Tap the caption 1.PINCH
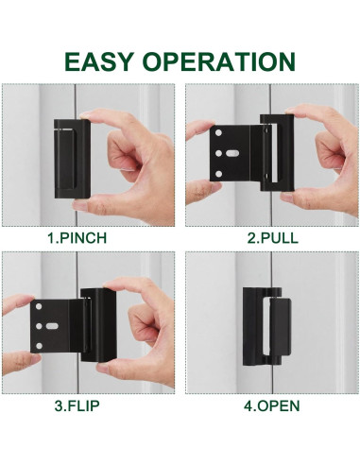(90, 238)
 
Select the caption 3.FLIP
(90, 406)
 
